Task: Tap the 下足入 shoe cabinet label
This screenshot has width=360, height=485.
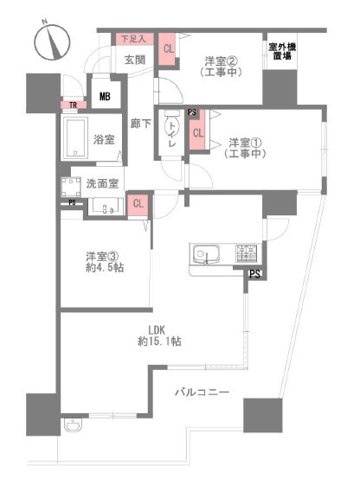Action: tap(133, 39)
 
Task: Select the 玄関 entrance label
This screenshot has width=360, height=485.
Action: tap(134, 60)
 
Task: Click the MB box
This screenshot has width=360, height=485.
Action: tap(105, 97)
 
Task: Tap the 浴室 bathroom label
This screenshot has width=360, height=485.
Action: tap(104, 139)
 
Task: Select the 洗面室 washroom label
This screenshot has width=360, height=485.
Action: tap(102, 184)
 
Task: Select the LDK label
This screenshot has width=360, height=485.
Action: tap(156, 329)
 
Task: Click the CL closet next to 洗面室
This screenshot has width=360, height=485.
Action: tap(137, 204)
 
